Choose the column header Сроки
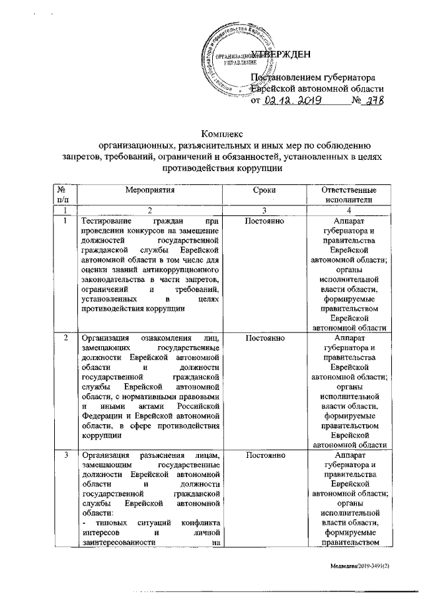click(x=264, y=190)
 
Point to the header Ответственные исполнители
click(x=349, y=195)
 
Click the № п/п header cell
click(x=64, y=195)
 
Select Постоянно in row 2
click(x=264, y=338)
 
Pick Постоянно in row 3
click(x=264, y=456)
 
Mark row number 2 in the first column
click(x=64, y=338)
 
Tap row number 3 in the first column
click(x=64, y=456)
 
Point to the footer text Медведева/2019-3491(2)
click(x=367, y=567)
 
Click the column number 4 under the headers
click(x=349, y=209)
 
